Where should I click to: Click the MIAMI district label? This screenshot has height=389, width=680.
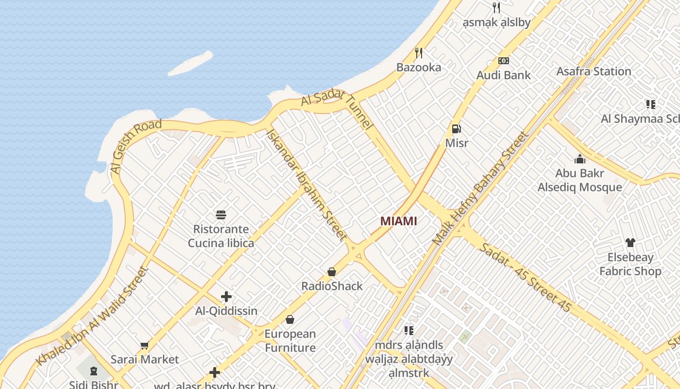coord(398,221)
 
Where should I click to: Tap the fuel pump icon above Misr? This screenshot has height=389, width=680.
coord(457,129)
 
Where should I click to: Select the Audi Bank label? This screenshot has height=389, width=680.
coord(503,75)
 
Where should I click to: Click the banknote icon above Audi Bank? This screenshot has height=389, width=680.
coord(504,61)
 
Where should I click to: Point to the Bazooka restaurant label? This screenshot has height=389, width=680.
coord(419,68)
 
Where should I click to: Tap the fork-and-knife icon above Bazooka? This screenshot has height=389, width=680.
coord(418,53)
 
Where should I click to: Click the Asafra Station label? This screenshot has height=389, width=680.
coord(594,71)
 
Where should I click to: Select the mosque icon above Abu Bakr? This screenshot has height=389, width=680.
coord(579,159)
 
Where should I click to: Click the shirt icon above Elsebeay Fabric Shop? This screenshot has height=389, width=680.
coord(630,243)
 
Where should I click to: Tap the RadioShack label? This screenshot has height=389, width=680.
coord(332,286)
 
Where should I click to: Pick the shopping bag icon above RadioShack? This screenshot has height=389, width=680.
coord(332,271)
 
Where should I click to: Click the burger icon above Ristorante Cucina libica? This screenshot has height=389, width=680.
coord(221,214)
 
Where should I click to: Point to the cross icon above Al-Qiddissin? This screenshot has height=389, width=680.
coord(226,297)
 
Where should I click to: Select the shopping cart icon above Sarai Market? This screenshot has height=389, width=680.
coord(144,346)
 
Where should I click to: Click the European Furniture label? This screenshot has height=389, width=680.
coord(290,341)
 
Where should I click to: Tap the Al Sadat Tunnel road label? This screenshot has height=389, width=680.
coord(338,107)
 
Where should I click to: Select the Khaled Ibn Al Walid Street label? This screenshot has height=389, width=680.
coord(92,316)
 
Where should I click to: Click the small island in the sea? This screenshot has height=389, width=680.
coord(190,64)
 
